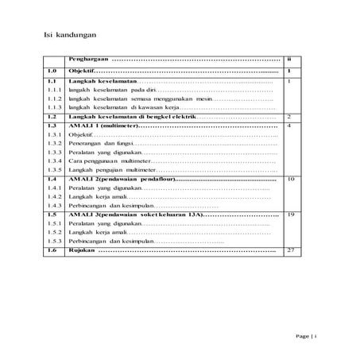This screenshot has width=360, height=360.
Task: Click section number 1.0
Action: pos(52,71)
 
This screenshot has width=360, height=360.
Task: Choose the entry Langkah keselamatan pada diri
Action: pos(111,93)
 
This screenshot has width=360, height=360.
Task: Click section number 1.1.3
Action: pos(54,105)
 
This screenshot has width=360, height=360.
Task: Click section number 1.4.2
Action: pos(54,195)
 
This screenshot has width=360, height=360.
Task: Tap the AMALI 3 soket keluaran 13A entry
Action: pos(135,215)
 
